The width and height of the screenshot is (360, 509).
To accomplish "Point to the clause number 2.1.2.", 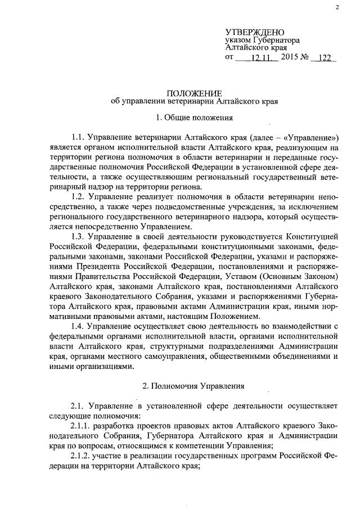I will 83,456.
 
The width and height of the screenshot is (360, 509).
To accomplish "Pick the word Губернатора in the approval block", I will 276,40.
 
